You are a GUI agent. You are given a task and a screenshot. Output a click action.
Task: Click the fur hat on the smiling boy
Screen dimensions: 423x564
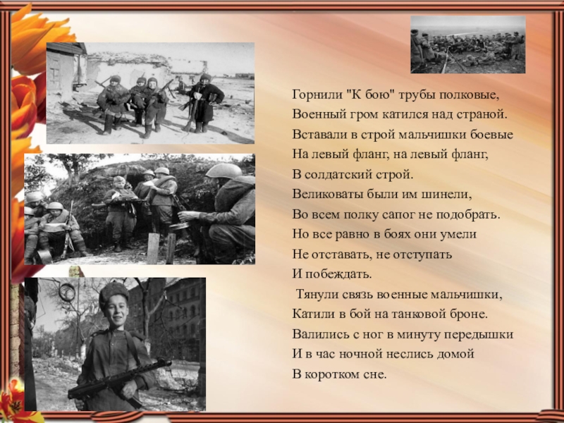(114, 290)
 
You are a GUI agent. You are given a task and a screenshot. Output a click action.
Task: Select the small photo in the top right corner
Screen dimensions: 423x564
(468, 44)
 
